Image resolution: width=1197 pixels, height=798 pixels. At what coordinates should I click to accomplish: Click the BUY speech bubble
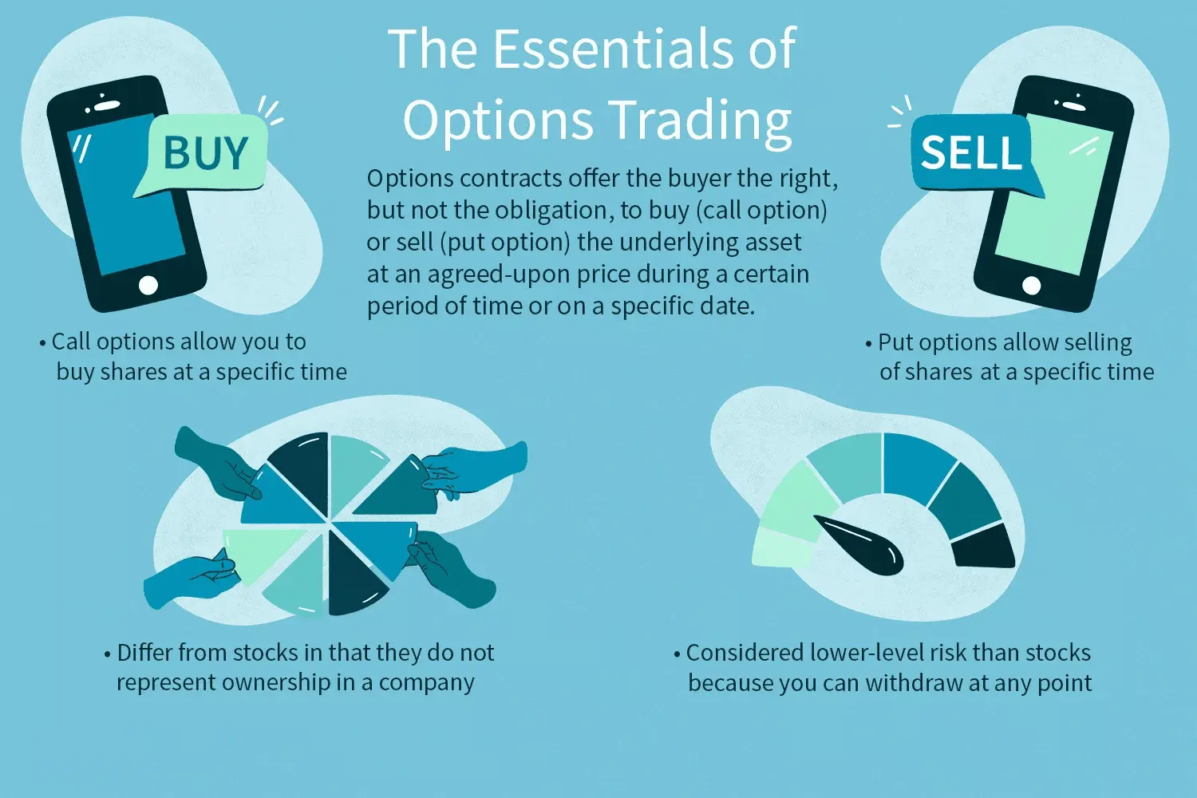tap(206, 153)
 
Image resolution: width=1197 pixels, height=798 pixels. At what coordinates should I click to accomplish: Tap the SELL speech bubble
tap(972, 152)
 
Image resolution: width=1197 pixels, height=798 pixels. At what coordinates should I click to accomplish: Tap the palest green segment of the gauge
tap(782, 548)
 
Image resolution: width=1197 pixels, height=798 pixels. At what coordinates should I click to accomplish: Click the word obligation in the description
tap(554, 211)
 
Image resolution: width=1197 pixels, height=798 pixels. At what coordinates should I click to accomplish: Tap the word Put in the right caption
tap(895, 343)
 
